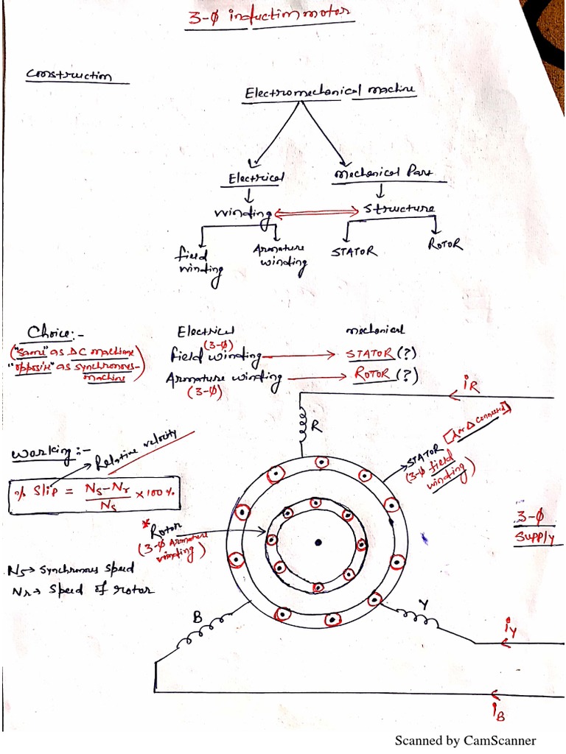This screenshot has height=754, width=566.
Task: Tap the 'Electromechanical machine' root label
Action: (x=330, y=91)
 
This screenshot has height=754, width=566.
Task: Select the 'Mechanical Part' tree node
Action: (x=382, y=175)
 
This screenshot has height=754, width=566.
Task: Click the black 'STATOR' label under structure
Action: (x=354, y=252)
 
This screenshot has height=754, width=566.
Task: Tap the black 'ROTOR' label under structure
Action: (x=444, y=243)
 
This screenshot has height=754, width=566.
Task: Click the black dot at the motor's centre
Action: (x=318, y=543)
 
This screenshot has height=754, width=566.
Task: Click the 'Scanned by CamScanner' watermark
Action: (x=465, y=740)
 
